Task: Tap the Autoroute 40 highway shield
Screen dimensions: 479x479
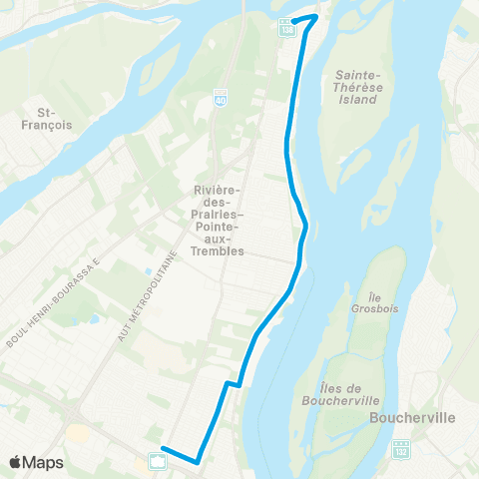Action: tap(221, 98)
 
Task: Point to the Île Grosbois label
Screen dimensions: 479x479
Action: tap(375, 303)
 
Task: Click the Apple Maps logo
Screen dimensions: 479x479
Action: tap(37, 462)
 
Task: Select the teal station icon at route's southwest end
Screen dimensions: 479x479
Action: tap(158, 460)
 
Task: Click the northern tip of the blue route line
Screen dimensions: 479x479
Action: tap(316, 16)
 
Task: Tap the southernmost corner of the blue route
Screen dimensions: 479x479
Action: tap(198, 460)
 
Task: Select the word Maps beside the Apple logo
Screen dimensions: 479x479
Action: tap(45, 462)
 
